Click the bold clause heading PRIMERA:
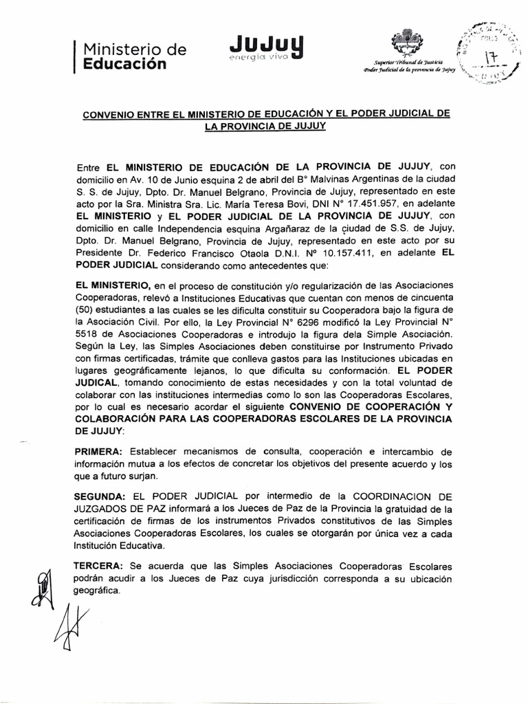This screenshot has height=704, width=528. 98,451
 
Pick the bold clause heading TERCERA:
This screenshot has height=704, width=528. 98,566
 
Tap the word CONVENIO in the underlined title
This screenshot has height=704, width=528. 115,113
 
